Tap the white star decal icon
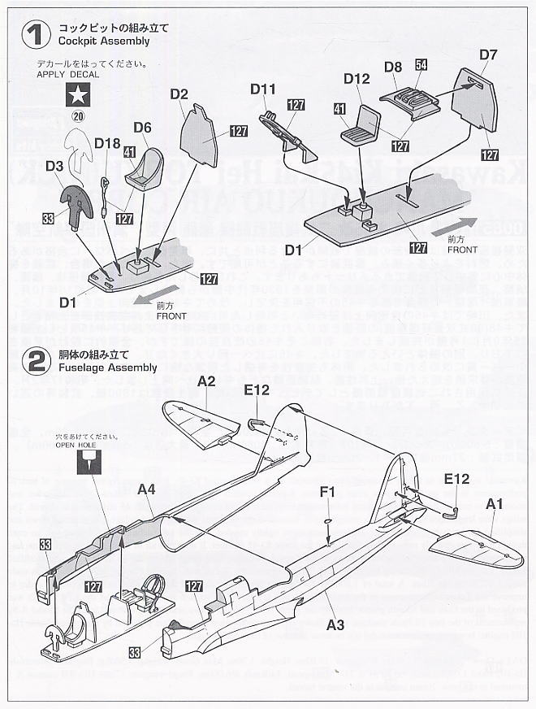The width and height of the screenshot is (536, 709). [79, 97]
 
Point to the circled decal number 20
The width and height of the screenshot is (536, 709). [78, 115]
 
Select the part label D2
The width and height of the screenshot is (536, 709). [179, 94]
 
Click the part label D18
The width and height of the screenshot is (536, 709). [106, 143]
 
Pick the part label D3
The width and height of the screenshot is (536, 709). [54, 166]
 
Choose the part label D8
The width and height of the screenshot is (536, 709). [393, 66]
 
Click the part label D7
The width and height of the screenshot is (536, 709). [487, 55]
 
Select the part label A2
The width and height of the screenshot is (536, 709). [206, 381]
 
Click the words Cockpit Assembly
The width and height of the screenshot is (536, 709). [103, 41]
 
